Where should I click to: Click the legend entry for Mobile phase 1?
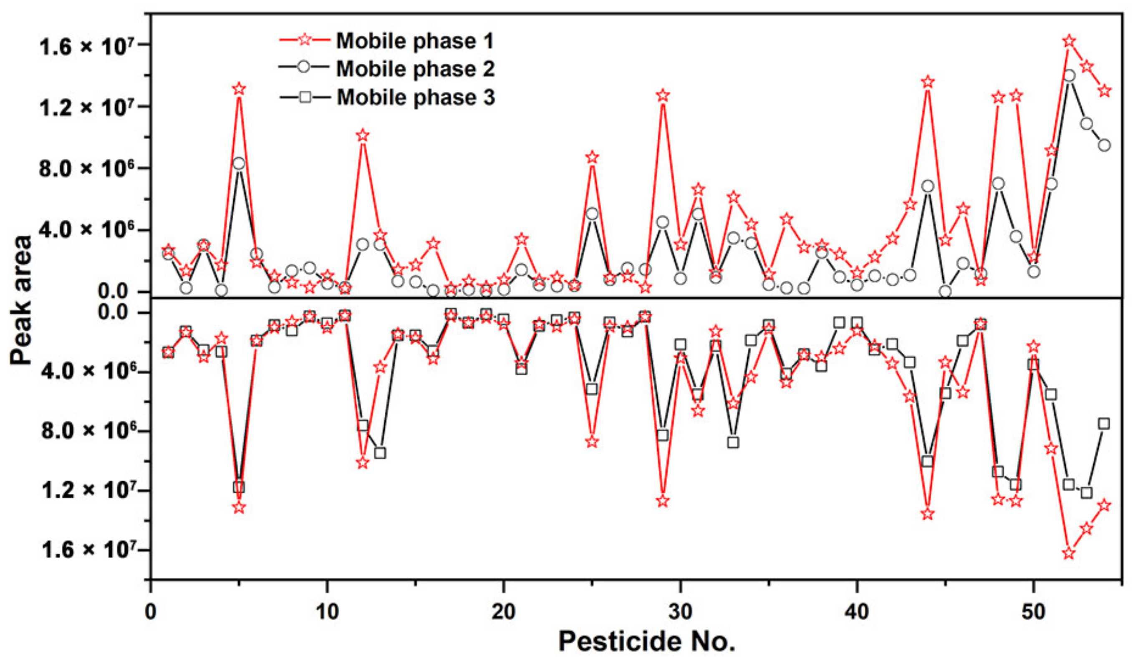pos(414,41)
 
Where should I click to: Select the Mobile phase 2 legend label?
pos(415,69)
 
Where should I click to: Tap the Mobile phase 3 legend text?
pos(415,97)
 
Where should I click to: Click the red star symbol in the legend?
pos(305,40)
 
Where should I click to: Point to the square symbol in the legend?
pos(305,96)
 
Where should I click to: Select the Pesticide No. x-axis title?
pos(647,641)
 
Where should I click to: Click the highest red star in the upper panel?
pos(1069,41)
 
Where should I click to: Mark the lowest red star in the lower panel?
pos(1069,553)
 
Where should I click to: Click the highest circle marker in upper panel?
pos(1069,75)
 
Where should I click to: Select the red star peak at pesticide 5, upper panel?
pos(239,89)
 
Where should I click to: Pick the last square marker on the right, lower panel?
pos(1104,424)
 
